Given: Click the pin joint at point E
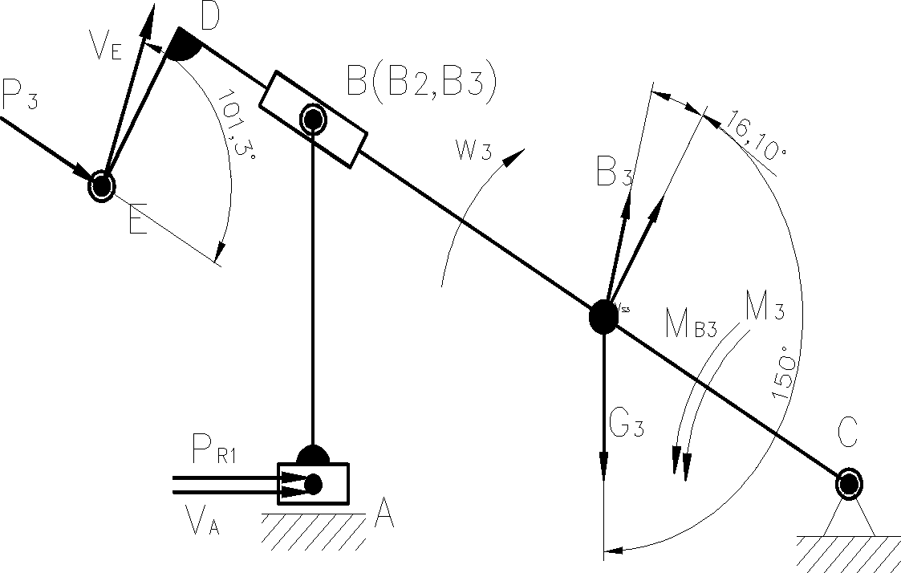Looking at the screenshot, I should point(102,185).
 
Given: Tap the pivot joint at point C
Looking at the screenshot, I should point(849,484).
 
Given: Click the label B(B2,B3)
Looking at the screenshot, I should point(420,83).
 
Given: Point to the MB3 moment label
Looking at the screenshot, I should point(689,323).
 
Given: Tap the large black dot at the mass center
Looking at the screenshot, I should point(603,317).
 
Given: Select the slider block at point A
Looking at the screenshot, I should point(314,483).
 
